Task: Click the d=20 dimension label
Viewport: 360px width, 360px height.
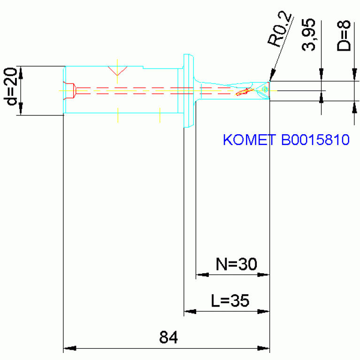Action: pyautogui.click(x=11, y=86)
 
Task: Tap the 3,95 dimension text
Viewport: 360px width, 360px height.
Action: pyautogui.click(x=308, y=35)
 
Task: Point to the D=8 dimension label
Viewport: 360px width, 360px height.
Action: pyautogui.click(x=344, y=36)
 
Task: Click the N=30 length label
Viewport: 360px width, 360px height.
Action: pyautogui.click(x=236, y=264)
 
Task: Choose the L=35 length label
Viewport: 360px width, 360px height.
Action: pyautogui.click(x=230, y=300)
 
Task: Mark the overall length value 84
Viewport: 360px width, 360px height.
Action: pyautogui.click(x=169, y=337)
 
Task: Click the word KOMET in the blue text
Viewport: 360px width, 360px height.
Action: pyautogui.click(x=249, y=139)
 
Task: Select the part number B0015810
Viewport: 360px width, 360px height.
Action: pyautogui.click(x=315, y=139)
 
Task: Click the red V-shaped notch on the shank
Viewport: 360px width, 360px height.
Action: pyautogui.click(x=117, y=71)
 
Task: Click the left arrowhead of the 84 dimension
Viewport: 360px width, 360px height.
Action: pyautogui.click(x=69, y=348)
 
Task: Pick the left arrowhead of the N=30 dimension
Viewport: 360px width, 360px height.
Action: pyautogui.click(x=202, y=275)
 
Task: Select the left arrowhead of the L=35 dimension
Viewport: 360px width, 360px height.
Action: pyautogui.click(x=190, y=312)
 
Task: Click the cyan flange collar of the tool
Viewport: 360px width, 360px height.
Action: pyautogui.click(x=189, y=91)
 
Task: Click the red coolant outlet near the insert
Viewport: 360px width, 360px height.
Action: pyautogui.click(x=244, y=92)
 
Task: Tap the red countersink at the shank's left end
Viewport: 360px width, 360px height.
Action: pyautogui.click(x=69, y=91)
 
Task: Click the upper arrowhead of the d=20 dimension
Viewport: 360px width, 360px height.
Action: pyautogui.click(x=21, y=73)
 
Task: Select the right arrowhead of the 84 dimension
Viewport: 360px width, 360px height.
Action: pyautogui.click(x=263, y=348)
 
